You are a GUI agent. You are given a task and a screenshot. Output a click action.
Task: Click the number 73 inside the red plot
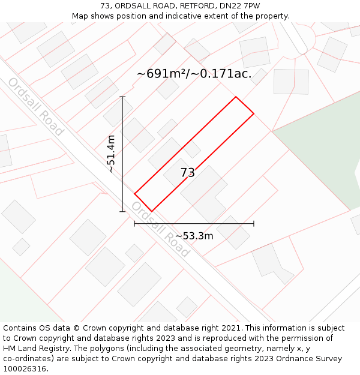click(188, 173)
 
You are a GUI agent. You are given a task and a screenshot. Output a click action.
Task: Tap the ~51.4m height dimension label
click(111, 154)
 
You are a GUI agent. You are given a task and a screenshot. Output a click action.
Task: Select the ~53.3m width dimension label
click(194, 236)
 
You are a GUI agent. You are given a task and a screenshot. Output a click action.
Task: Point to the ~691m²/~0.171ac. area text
click(194, 74)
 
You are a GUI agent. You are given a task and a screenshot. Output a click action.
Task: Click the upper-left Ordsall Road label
click(35, 107)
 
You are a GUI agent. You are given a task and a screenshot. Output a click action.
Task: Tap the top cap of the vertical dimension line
click(123, 97)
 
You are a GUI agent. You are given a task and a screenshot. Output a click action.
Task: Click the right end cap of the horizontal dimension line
click(254, 223)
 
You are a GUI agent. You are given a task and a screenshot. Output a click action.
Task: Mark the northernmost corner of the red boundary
click(236, 97)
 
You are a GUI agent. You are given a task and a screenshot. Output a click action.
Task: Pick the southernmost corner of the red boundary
click(151, 211)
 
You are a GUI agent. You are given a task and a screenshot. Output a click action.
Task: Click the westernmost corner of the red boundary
click(134, 193)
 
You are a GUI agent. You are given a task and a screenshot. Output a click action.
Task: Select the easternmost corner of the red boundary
click(254, 113)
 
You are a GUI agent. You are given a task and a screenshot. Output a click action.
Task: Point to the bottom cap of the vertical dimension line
click(123, 211)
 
